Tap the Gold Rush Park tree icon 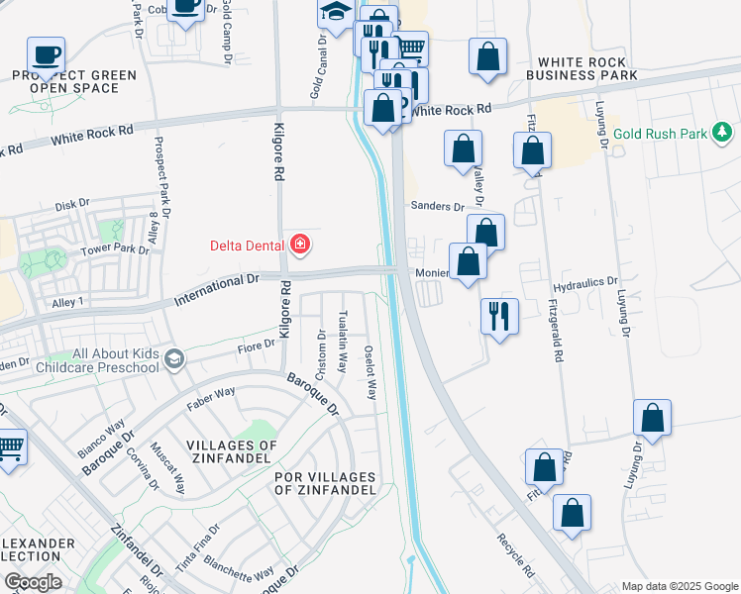pyautogui.click(x=723, y=132)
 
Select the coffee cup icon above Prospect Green pyautogui.click(x=45, y=52)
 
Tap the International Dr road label pyautogui.click(x=216, y=289)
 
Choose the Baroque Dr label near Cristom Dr pyautogui.click(x=313, y=393)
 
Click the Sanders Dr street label pyautogui.click(x=438, y=206)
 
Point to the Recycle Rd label pyautogui.click(x=515, y=558)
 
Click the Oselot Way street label pyautogui.click(x=370, y=372)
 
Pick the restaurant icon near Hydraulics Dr pyautogui.click(x=498, y=317)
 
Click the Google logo pyautogui.click(x=34, y=582)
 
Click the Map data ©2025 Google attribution pyautogui.click(x=679, y=585)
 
